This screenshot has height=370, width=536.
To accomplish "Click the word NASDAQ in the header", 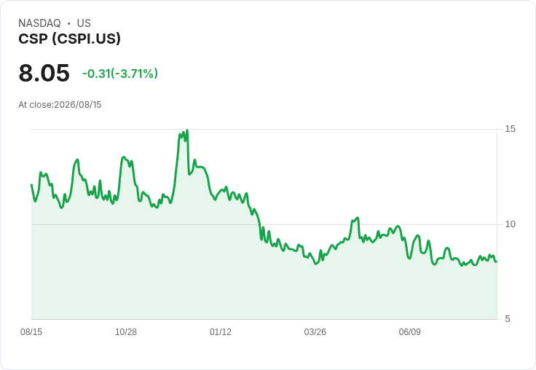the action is click(x=39, y=23).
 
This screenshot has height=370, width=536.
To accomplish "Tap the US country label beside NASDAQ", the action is click(x=84, y=23).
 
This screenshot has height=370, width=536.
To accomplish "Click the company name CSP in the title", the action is click(x=33, y=39).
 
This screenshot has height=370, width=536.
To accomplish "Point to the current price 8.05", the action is click(x=44, y=73).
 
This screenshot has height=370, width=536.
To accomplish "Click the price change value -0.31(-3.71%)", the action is click(x=120, y=74).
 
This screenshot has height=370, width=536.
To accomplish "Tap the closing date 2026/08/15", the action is click(x=78, y=105).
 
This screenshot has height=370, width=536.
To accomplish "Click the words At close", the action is click(x=36, y=105).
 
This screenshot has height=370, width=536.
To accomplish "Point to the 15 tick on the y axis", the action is click(x=510, y=129).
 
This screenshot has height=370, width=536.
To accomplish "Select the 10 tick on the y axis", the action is click(x=510, y=224).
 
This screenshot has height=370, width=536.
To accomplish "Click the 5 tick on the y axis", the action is click(x=508, y=319).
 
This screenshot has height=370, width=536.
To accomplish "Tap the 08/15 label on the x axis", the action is click(x=31, y=331).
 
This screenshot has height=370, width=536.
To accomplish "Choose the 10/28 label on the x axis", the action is click(x=126, y=331).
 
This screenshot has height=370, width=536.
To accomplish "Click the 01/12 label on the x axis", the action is click(x=221, y=331).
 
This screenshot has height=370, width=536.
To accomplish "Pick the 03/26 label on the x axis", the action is click(x=315, y=331).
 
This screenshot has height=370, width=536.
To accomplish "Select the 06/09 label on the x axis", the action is click(x=409, y=331).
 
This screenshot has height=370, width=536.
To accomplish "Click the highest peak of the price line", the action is click(x=187, y=130).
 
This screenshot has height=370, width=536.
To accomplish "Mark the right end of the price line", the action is click(x=497, y=261).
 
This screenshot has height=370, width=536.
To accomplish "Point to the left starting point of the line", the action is click(x=31, y=185).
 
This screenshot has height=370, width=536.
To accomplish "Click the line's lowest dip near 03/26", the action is click(x=316, y=264).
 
